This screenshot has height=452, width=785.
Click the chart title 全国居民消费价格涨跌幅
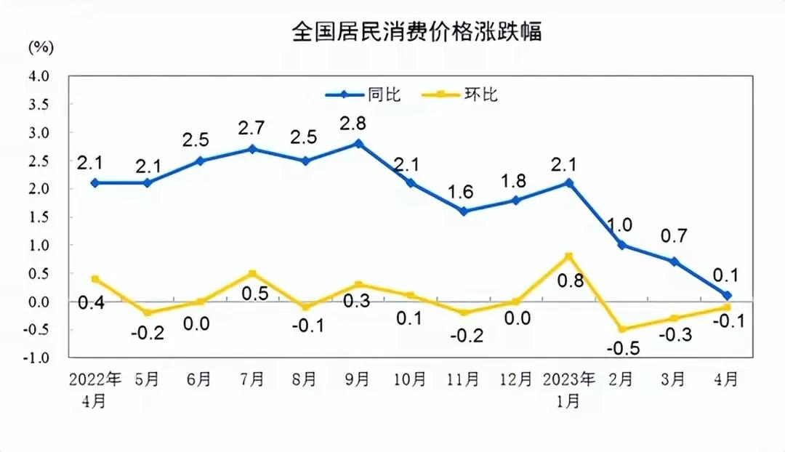[416, 33]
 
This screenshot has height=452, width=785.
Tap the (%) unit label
[41, 48]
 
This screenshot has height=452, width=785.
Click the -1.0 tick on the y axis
[38, 358]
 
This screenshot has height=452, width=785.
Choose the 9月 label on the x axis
[358, 379]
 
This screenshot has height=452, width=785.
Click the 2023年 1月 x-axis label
[570, 389]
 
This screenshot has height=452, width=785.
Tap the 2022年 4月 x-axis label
[94, 389]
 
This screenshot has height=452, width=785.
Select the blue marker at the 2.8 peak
[358, 143]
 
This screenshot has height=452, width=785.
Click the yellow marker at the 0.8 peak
[569, 256]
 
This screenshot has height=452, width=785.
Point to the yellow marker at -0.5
[622, 329]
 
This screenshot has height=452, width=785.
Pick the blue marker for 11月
[464, 211]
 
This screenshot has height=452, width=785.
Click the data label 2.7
[252, 128]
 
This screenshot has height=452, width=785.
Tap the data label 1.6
[464, 192]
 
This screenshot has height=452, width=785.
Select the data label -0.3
[675, 336]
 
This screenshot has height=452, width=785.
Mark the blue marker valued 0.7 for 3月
[675, 262]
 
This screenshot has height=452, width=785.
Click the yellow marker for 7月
[252, 273]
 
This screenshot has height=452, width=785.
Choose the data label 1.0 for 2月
[622, 225]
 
